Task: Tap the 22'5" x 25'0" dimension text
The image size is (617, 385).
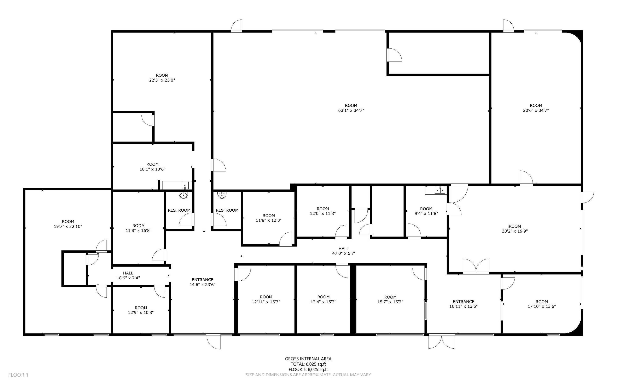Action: [162, 80]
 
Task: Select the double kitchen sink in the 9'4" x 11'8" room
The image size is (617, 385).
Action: [440, 190]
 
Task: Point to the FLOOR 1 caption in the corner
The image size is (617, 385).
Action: [18, 375]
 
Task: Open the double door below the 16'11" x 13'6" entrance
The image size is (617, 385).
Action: [441, 341]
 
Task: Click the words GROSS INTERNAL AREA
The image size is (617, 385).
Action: [308, 359]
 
